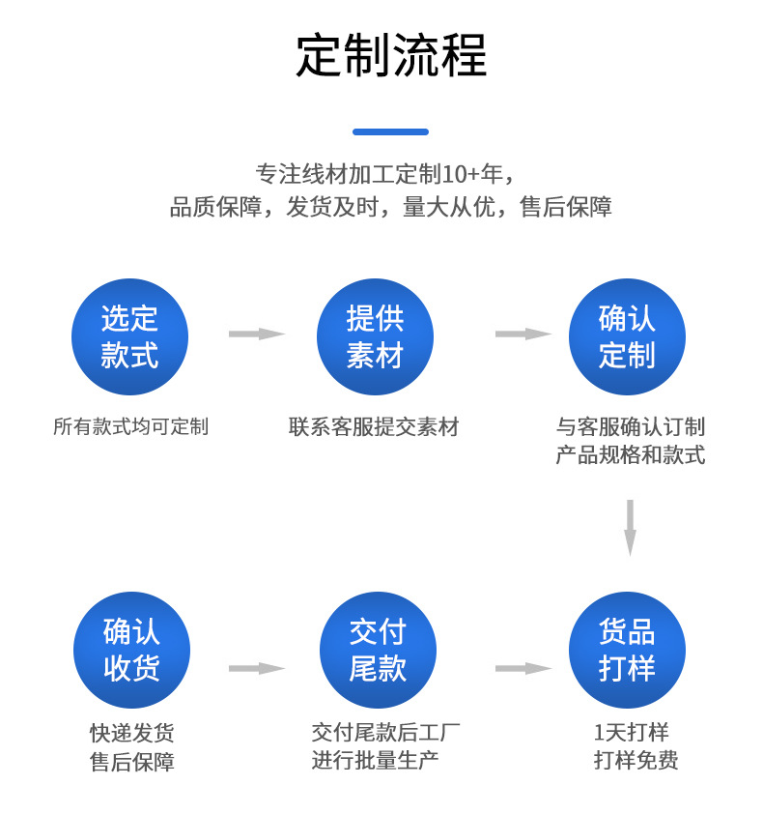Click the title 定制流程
pos(391,56)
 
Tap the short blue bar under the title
pos(390,131)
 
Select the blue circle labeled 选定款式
pos(129,336)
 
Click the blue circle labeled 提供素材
pos(375,336)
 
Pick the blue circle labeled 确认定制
pos(627,336)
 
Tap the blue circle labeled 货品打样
pos(627,651)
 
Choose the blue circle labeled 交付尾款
pos(378,651)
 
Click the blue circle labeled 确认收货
pos(131,651)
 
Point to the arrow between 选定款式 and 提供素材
pos(257,334)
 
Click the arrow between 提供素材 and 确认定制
pos(523,334)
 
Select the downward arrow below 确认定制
pos(630,527)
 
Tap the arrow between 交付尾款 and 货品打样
pos(523,668)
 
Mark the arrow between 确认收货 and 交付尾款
pos(257,668)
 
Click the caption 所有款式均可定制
pos(130,426)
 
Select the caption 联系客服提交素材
pos(374,426)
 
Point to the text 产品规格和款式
pos(630,455)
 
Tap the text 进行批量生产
pos(375,760)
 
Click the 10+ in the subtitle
pos(460,175)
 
